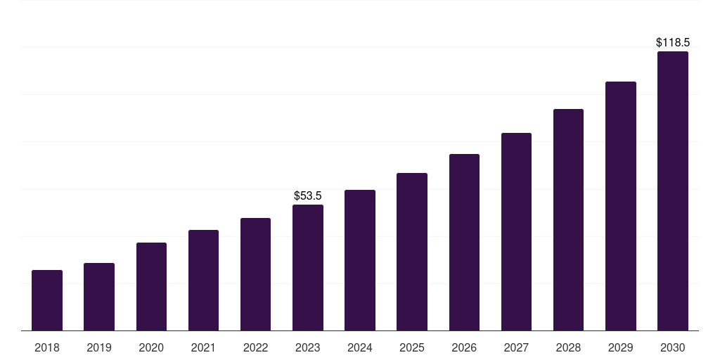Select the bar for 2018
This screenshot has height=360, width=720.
pyautogui.click(x=47, y=300)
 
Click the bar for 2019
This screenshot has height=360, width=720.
pyautogui.click(x=99, y=297)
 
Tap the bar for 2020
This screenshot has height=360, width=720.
pyautogui.click(x=152, y=287)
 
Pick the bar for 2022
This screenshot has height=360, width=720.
pyautogui.click(x=255, y=274)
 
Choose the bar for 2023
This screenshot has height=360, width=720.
pyautogui.click(x=308, y=268)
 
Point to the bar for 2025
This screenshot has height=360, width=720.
pyautogui.click(x=412, y=252)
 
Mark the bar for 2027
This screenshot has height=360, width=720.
pyautogui.click(x=516, y=232)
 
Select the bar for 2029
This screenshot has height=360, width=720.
pyautogui.click(x=621, y=206)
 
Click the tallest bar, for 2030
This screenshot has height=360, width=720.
pyautogui.click(x=673, y=191)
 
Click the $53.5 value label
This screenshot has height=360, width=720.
pyautogui.click(x=308, y=196)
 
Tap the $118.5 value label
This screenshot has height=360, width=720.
pyautogui.click(x=673, y=43)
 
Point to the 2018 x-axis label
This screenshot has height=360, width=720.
pyautogui.click(x=47, y=347)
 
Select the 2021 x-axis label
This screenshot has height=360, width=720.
pyautogui.click(x=203, y=347)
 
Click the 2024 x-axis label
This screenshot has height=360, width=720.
pyautogui.click(x=359, y=347)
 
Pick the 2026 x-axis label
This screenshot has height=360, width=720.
pyautogui.click(x=464, y=347)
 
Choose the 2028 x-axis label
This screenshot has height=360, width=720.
pyautogui.click(x=568, y=347)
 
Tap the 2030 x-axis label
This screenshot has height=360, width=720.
pyautogui.click(x=673, y=347)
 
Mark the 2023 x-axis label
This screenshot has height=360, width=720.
pyautogui.click(x=308, y=347)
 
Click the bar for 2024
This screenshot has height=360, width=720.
pyautogui.click(x=360, y=260)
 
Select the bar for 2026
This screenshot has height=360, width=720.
pyautogui.click(x=464, y=243)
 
